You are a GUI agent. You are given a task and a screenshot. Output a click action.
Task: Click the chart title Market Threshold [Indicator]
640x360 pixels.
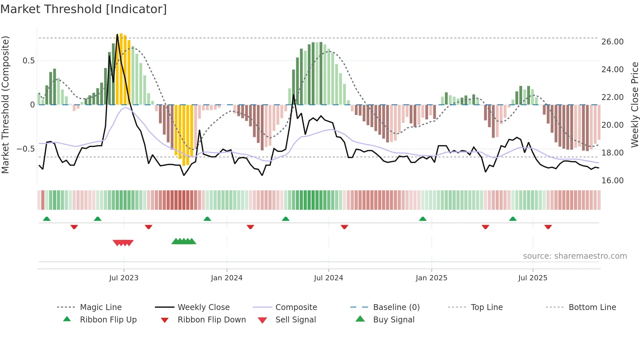pos(84,9)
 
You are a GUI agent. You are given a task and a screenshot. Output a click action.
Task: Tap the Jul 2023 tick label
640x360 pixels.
pos(124,278)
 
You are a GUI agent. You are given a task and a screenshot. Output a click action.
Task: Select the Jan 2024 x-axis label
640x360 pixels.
pos(227,278)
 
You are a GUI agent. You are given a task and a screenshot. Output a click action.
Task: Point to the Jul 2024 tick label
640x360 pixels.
pos(328,278)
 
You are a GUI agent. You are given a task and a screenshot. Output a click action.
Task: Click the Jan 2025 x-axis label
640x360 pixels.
pos(431,278)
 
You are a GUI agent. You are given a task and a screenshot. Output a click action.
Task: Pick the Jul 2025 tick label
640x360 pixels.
pos(533,278)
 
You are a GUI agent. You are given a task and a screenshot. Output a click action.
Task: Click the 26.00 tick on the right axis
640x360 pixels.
pos(612,42)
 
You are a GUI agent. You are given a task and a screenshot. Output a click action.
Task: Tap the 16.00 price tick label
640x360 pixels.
pos(612,181)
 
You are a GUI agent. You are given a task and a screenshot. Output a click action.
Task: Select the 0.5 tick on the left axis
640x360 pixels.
pos(28,61)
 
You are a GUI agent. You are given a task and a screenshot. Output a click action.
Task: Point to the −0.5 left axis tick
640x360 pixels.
pos(26,149)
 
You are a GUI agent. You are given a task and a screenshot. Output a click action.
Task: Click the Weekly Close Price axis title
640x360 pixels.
pos(634,105)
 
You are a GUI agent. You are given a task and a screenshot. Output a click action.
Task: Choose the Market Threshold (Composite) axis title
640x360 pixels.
pos(5,105)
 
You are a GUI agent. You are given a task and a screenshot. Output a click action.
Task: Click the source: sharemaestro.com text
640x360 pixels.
pos(575,256)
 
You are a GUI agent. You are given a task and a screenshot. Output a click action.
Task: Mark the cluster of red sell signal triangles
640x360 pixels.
pos(123,243)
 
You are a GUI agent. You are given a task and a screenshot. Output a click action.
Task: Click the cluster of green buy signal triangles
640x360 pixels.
pos(184,241)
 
